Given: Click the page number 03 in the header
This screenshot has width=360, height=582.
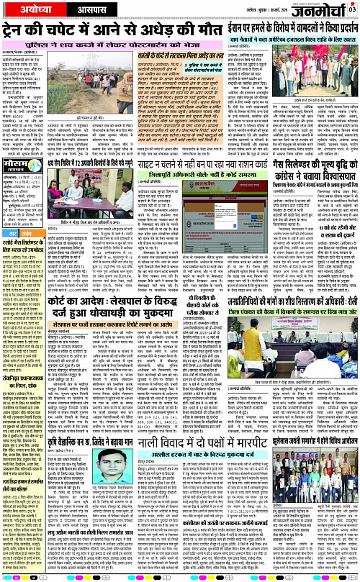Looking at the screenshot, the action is [353, 9].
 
